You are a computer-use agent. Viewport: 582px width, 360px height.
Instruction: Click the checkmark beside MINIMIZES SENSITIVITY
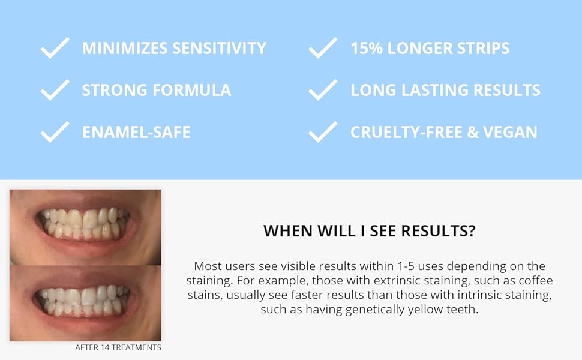pyautogui.click(x=55, y=49)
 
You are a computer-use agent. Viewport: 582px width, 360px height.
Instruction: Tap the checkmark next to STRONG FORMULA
pyautogui.click(x=55, y=90)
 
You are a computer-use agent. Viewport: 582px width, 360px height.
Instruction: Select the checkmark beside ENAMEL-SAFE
pyautogui.click(x=55, y=132)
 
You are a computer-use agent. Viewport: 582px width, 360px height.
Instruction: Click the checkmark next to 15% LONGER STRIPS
pyautogui.click(x=323, y=49)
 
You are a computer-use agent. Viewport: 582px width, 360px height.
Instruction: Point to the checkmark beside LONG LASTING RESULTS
pyautogui.click(x=323, y=90)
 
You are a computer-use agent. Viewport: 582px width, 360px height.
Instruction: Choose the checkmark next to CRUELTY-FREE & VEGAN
pyautogui.click(x=323, y=132)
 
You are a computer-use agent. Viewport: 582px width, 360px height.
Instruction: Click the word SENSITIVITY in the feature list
pyautogui.click(x=220, y=49)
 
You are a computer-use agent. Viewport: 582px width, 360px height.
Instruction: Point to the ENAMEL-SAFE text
pyautogui.click(x=136, y=132)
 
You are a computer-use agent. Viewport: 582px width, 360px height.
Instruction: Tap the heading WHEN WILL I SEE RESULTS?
pyautogui.click(x=369, y=231)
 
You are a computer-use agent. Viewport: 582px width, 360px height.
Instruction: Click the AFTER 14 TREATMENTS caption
pyautogui.click(x=118, y=347)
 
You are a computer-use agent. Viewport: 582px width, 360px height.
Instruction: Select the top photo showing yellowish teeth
pyautogui.click(x=85, y=227)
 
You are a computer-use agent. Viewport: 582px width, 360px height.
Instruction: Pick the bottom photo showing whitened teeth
pyautogui.click(x=85, y=303)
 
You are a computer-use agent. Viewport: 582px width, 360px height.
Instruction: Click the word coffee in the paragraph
pyautogui.click(x=537, y=281)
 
